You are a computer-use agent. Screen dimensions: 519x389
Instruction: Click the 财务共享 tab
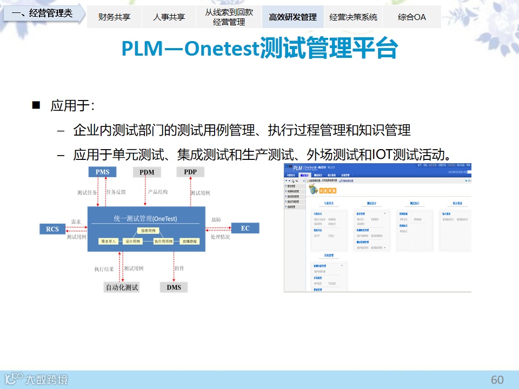pyautogui.click(x=114, y=17)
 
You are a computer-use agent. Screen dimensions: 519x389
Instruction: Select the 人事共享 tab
pyautogui.click(x=169, y=17)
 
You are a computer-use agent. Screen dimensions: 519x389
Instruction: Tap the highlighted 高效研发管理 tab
pyautogui.click(x=292, y=17)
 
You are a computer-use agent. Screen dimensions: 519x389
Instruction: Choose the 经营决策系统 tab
pyautogui.click(x=353, y=17)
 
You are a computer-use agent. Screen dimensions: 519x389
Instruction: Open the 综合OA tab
pyautogui.click(x=411, y=17)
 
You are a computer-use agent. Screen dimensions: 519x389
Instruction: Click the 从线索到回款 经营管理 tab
pyautogui.click(x=229, y=17)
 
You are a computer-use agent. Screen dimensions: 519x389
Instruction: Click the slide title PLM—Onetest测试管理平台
pyautogui.click(x=259, y=49)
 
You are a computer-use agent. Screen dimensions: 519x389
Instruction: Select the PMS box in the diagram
pyautogui.click(x=103, y=172)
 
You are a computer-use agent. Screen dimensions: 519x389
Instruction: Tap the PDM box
pyautogui.click(x=147, y=172)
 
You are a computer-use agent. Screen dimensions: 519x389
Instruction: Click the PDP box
pyautogui.click(x=190, y=172)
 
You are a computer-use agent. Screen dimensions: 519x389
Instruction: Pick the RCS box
pyautogui.click(x=52, y=229)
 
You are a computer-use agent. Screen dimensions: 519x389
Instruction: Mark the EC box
pyautogui.click(x=245, y=228)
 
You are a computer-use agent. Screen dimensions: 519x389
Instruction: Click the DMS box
pyautogui.click(x=174, y=287)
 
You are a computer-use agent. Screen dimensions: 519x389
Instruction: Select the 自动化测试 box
pyautogui.click(x=122, y=287)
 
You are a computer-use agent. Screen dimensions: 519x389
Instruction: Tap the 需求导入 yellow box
pyautogui.click(x=109, y=242)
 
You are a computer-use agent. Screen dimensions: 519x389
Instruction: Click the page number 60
pyautogui.click(x=497, y=380)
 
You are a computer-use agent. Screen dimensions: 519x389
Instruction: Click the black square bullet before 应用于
pyautogui.click(x=37, y=105)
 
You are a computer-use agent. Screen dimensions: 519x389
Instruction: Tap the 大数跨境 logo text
pyautogui.click(x=47, y=380)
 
